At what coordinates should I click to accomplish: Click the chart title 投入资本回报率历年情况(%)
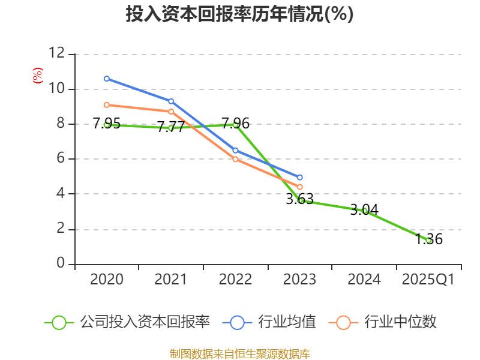click(239, 14)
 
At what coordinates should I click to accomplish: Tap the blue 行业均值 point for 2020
click(107, 79)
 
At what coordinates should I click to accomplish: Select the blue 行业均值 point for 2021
click(171, 101)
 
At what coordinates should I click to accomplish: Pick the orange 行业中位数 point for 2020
click(107, 105)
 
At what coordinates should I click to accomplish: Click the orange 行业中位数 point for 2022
click(235, 159)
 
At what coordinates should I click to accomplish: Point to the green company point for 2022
click(235, 124)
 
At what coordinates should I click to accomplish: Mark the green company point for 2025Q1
click(428, 240)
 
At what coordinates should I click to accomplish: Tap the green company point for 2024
click(364, 211)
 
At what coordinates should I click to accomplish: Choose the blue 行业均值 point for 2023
click(300, 178)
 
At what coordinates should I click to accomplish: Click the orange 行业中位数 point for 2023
click(300, 187)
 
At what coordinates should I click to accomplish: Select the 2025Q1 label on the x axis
click(428, 280)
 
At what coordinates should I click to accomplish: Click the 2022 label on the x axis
click(235, 280)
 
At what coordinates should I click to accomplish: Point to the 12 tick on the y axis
click(56, 53)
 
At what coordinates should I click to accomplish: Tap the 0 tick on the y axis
click(61, 263)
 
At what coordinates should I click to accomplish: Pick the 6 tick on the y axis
click(61, 159)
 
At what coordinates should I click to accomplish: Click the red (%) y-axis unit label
click(38, 76)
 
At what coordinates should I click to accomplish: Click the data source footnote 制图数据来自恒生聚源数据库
click(239, 353)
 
